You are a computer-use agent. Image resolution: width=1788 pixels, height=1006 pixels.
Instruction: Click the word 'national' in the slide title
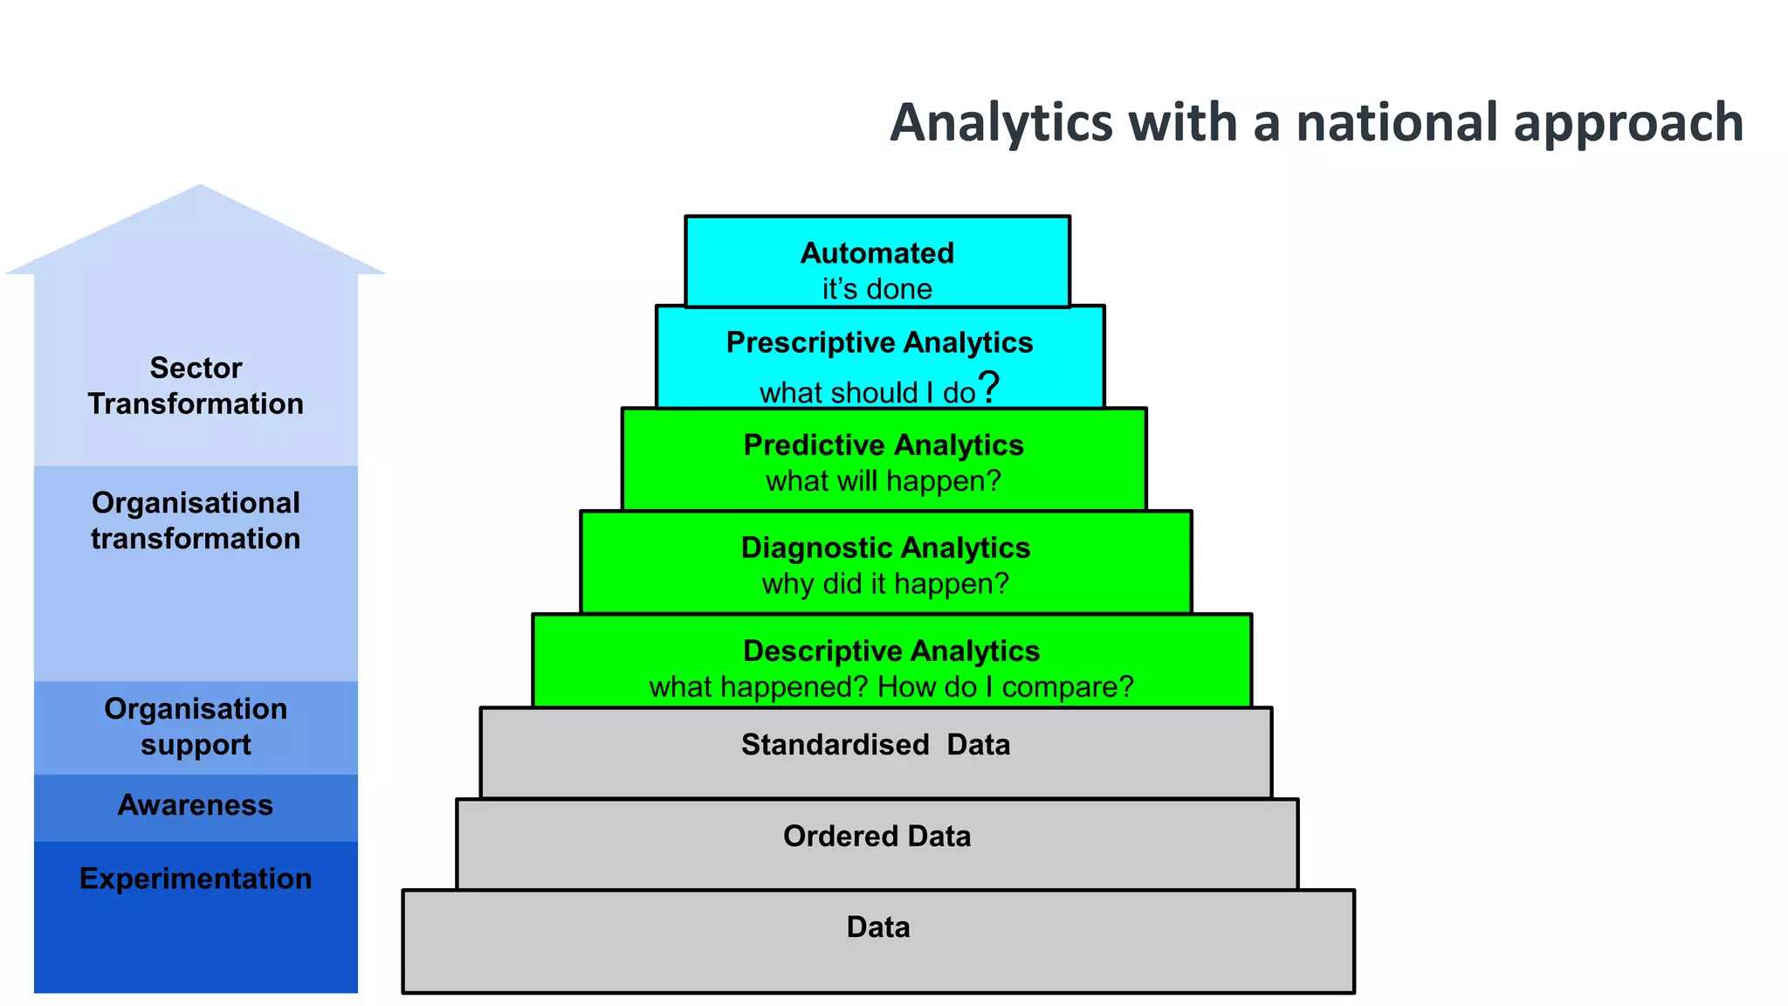point(1396,122)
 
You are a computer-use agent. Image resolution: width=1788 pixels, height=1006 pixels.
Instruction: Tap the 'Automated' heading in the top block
point(877,253)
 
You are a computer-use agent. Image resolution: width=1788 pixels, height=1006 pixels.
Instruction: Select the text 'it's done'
point(877,289)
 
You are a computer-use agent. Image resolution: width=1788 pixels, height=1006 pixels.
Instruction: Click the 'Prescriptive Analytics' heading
point(879,342)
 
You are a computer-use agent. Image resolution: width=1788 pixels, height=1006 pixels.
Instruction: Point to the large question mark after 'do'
point(989,387)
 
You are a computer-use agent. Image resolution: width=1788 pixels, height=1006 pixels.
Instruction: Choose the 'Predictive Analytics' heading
point(883,445)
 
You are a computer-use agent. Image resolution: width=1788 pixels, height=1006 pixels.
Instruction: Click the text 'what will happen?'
point(883,481)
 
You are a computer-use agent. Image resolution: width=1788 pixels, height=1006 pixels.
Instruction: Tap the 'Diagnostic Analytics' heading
point(885,548)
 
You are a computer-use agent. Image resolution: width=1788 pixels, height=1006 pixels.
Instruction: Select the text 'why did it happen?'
point(885,583)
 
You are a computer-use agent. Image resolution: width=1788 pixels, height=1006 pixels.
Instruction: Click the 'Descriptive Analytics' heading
point(891,651)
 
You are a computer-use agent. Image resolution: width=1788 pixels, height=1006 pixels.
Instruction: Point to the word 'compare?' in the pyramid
point(1067,687)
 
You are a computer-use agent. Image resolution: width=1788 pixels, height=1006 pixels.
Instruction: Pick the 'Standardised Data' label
point(876,745)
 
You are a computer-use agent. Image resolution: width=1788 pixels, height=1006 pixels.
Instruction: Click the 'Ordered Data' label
point(877,837)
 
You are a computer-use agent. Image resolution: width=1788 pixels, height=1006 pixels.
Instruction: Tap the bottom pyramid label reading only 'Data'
point(878,927)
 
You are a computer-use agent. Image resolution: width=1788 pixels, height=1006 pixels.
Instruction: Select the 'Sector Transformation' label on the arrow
point(196,386)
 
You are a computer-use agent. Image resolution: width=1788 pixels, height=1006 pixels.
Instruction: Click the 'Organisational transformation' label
point(196,520)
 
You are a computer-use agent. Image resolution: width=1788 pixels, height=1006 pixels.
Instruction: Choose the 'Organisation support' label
point(196,727)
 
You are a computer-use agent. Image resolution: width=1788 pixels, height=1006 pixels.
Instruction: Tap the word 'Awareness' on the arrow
point(196,805)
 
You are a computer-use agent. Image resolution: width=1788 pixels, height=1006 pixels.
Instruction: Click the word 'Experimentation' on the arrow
point(196,879)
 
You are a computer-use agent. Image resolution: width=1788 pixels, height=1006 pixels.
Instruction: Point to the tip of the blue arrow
point(200,187)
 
